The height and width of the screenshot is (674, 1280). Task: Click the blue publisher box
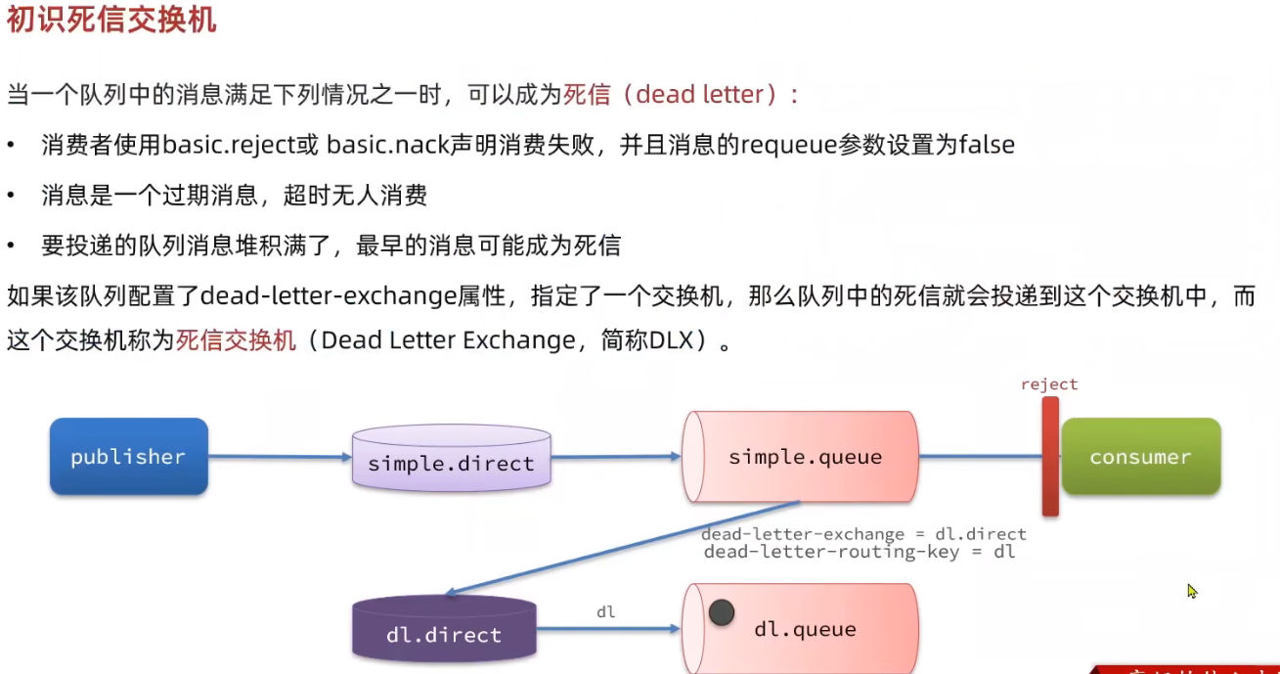coord(128,457)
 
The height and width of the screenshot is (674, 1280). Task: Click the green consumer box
coord(1140,457)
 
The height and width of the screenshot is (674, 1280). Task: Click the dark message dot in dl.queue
coord(722,613)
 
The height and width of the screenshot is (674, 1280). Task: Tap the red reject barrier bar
coord(1050,456)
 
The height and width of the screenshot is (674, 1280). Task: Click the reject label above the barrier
coord(1048,384)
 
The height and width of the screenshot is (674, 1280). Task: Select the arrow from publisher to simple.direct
coord(279,457)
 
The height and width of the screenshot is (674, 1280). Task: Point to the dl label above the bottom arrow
coord(606,611)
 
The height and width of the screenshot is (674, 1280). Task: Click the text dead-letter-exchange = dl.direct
coord(863,534)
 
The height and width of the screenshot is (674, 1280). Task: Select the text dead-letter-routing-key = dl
coord(860,552)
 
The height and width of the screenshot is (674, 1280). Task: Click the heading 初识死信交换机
coord(111,21)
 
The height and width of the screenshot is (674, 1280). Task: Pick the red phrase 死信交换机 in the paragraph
coord(236,339)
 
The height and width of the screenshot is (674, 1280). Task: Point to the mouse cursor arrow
coord(1192,591)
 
